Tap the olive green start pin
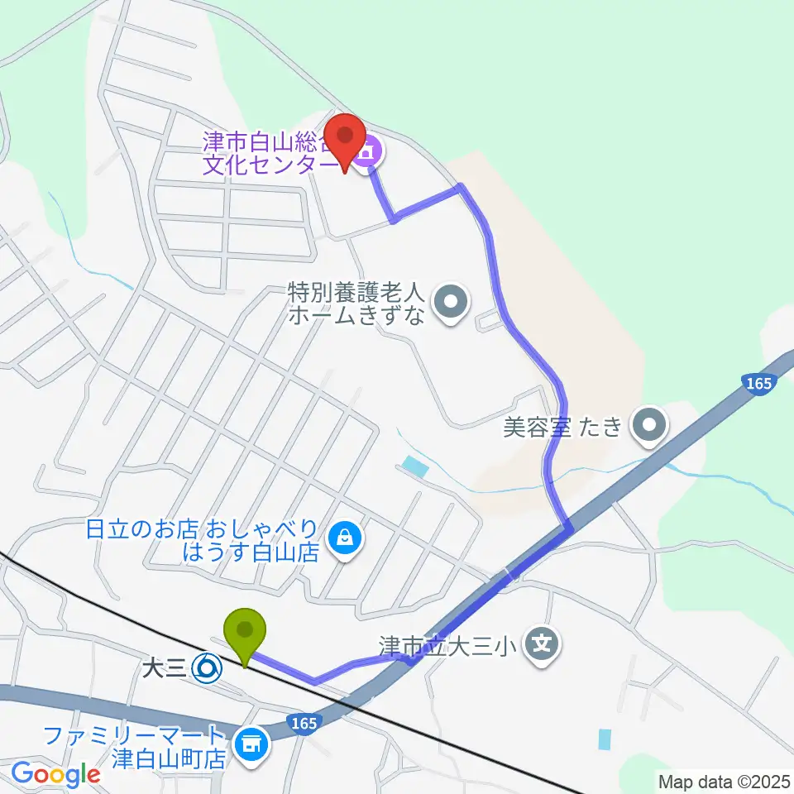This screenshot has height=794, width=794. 246,634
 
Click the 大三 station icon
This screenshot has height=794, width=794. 207,665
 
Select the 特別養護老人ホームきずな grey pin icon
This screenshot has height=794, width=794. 452,303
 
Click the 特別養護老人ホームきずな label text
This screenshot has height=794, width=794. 356,304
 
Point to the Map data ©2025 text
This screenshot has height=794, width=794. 723,781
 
